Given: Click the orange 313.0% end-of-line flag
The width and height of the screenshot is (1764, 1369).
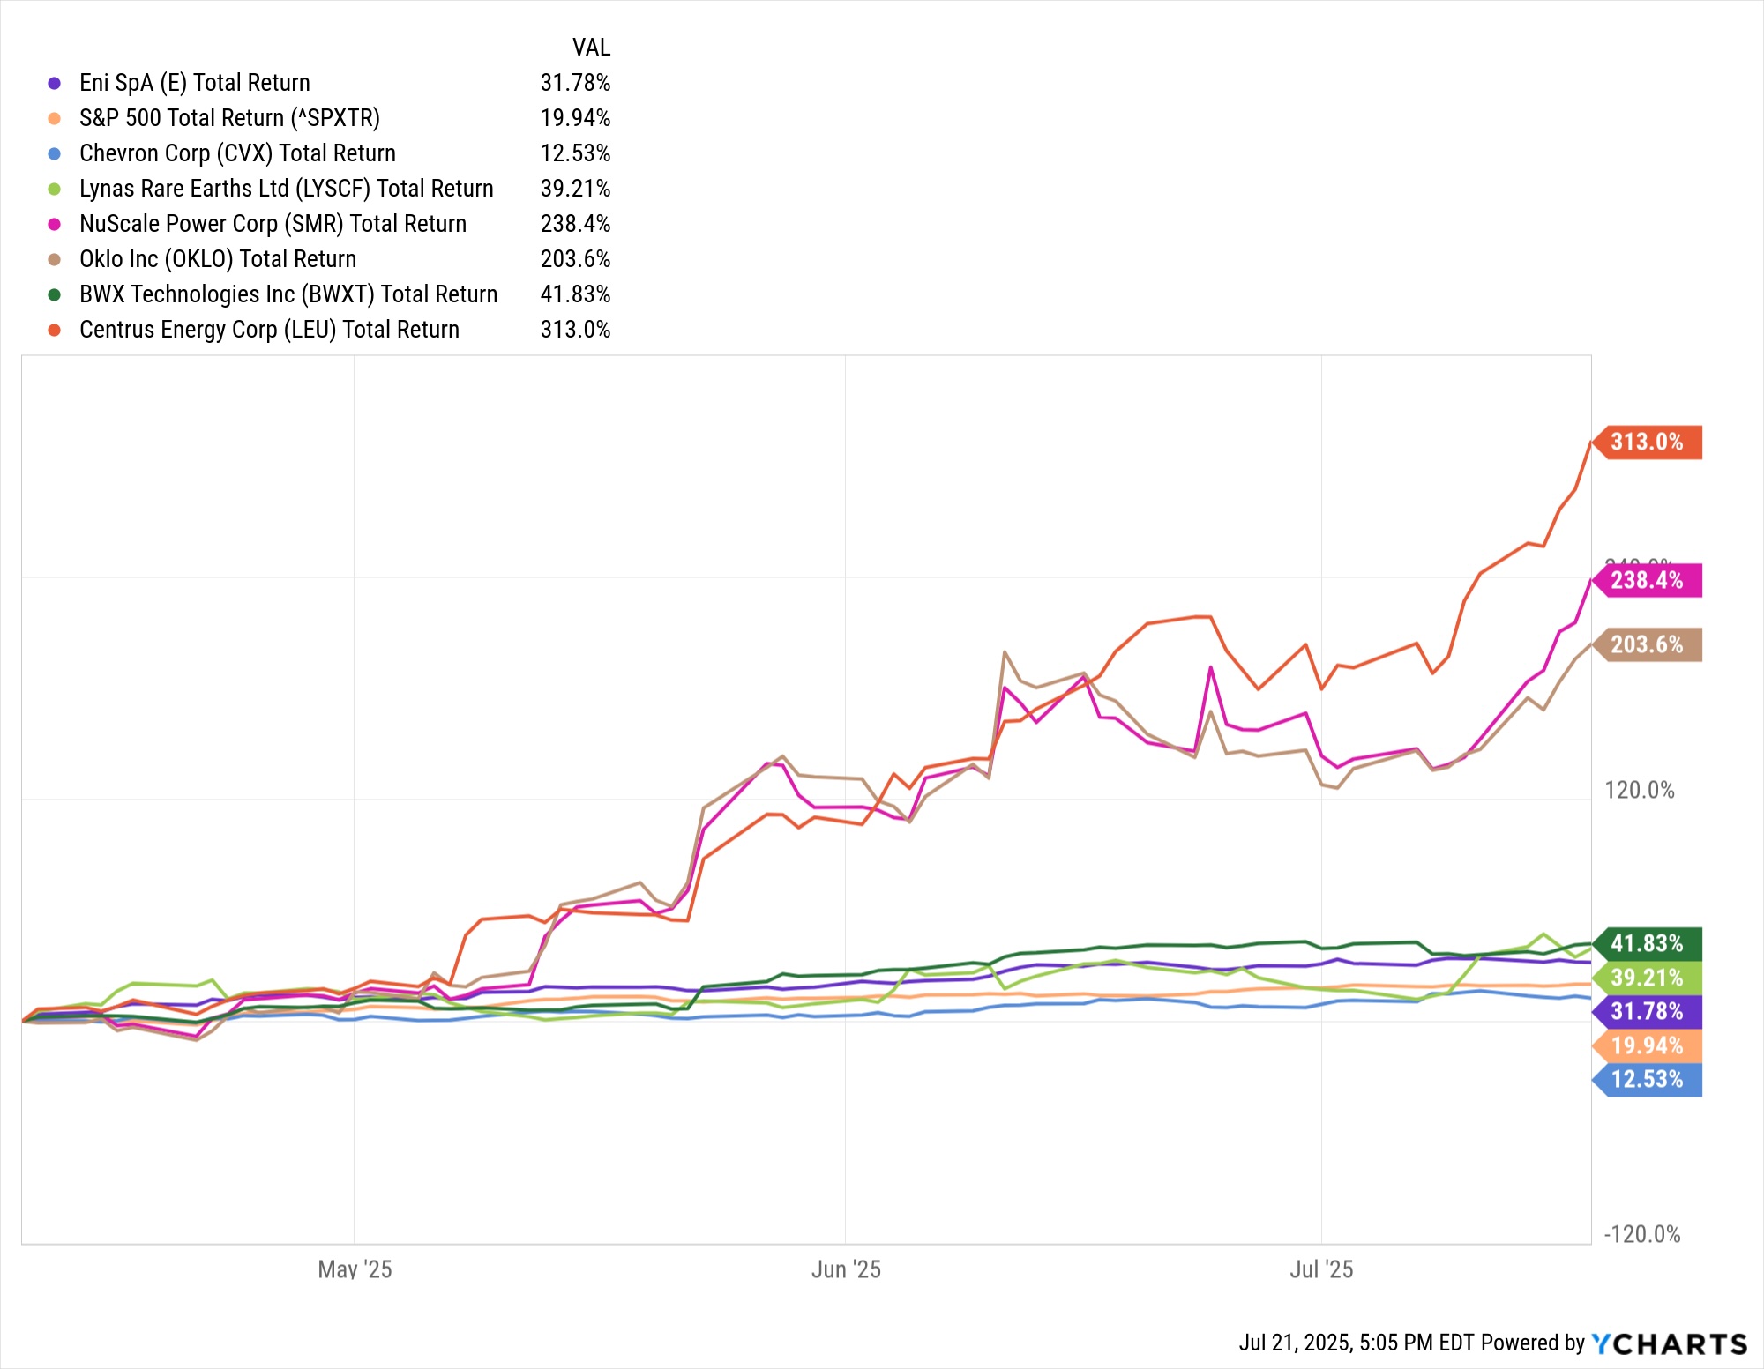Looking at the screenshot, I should click(x=1647, y=442).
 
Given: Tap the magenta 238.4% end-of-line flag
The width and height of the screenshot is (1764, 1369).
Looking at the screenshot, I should click(x=1647, y=580).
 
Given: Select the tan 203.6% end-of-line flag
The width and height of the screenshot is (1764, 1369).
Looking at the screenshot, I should click(x=1647, y=644).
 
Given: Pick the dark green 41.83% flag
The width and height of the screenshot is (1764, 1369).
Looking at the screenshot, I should click(x=1647, y=944).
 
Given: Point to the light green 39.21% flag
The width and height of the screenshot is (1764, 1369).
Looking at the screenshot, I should click(x=1647, y=978).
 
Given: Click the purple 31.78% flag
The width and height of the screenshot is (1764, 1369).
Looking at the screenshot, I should click(x=1647, y=1011).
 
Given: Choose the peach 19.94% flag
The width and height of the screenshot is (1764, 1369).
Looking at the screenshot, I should click(x=1647, y=1045).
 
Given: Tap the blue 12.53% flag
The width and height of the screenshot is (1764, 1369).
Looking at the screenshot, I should click(x=1647, y=1079).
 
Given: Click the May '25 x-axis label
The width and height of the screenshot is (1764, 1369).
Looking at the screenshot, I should click(x=355, y=1269).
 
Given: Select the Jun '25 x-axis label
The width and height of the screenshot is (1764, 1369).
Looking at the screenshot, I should click(x=846, y=1269).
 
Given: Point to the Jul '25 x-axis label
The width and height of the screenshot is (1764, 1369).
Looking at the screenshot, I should click(x=1321, y=1269).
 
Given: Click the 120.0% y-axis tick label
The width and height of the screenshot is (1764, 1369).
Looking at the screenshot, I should click(x=1639, y=790).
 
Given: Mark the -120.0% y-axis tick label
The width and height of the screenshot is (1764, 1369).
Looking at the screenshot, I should click(x=1641, y=1234).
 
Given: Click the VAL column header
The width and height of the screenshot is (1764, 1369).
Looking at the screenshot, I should click(x=591, y=48).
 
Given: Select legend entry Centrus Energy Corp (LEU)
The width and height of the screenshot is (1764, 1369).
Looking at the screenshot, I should click(x=269, y=330).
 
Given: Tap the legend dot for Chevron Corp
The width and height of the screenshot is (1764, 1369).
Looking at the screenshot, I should click(x=55, y=153).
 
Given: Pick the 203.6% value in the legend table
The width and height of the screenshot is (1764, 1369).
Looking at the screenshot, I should click(x=575, y=259).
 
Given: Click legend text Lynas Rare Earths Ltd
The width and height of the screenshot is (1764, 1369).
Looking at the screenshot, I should click(x=286, y=189).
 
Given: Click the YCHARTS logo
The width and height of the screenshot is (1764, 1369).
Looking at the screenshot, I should click(x=1669, y=1343).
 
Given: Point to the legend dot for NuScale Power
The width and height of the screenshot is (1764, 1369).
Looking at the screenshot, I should click(x=55, y=224).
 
